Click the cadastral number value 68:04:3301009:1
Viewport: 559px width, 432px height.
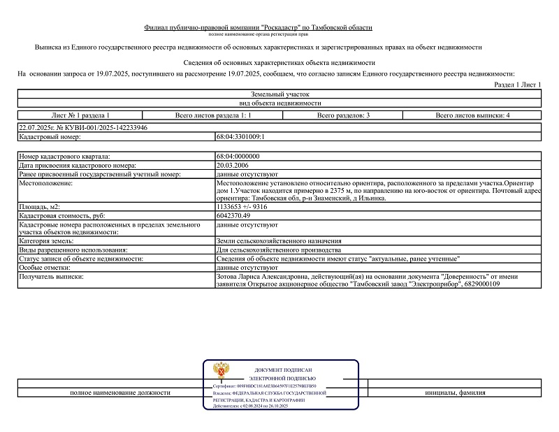click(x=240, y=138)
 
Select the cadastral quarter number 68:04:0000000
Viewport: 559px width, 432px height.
click(x=238, y=156)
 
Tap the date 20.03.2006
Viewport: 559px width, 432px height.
click(x=233, y=164)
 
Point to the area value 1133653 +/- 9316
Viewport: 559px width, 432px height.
click(x=242, y=208)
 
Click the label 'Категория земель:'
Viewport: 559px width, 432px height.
click(x=48, y=240)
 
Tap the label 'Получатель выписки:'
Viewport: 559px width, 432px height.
click(x=52, y=277)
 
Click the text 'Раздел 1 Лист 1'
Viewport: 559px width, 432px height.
click(x=518, y=85)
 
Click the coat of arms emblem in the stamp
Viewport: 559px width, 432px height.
click(x=222, y=370)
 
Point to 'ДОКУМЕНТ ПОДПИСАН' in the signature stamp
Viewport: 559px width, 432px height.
click(x=283, y=369)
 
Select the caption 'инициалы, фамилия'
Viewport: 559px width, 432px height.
click(x=455, y=393)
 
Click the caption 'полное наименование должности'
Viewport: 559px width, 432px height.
click(x=120, y=393)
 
